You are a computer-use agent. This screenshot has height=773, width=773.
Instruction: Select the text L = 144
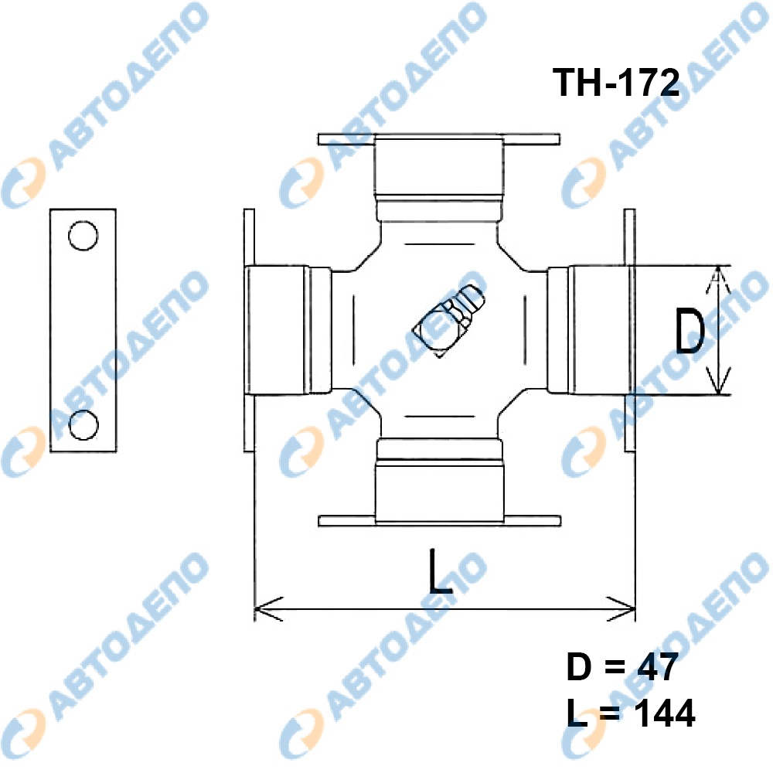tap(631, 713)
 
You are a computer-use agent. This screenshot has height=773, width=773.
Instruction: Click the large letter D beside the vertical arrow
tap(690, 331)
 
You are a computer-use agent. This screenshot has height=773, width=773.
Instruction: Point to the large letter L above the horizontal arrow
tap(441, 571)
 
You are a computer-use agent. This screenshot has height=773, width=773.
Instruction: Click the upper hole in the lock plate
tap(83, 236)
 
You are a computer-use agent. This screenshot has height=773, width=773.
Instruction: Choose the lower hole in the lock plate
tap(83, 425)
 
